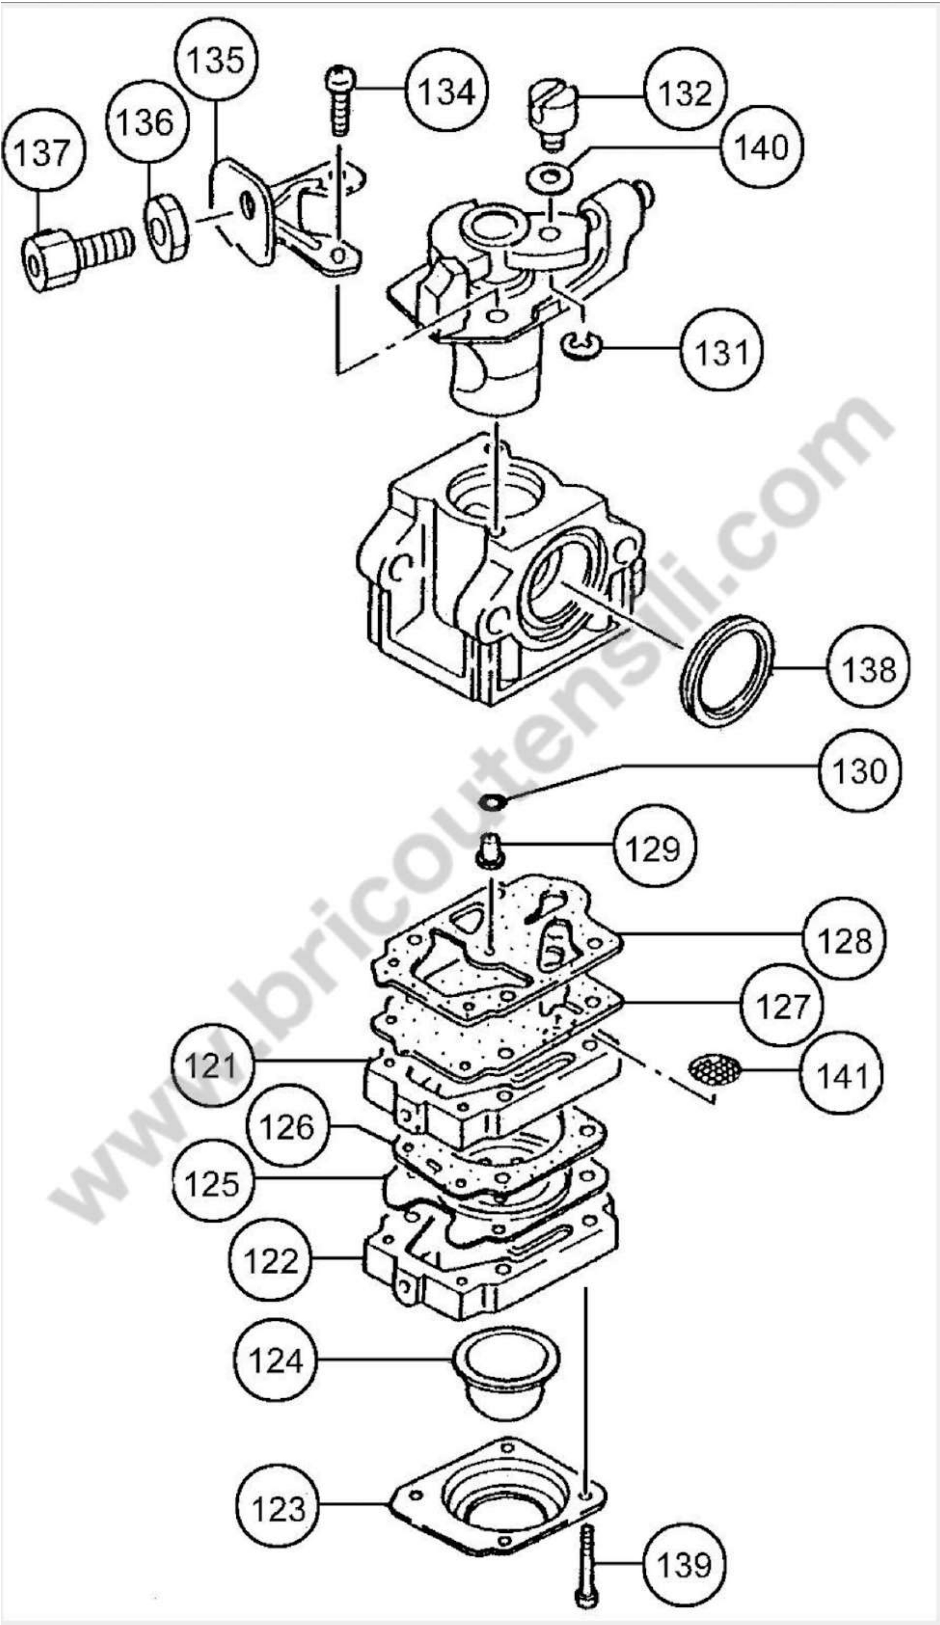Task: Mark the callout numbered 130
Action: click(x=859, y=770)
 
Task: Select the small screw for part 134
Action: click(x=340, y=100)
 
